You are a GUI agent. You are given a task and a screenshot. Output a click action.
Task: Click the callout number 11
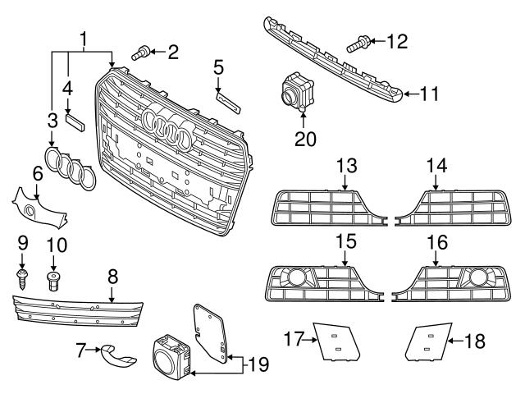click(431, 94)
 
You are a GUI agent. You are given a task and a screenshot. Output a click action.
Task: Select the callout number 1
click(83, 37)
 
